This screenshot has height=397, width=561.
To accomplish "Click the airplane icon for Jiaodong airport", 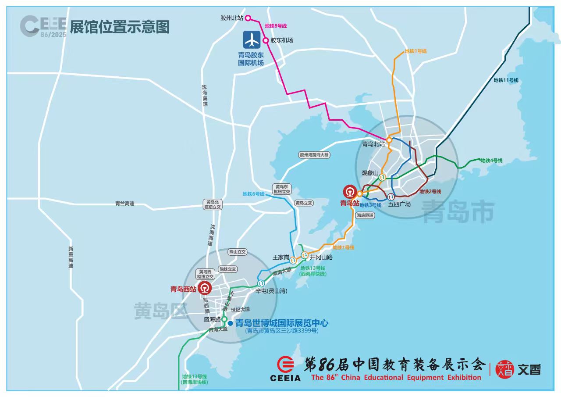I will [252, 41].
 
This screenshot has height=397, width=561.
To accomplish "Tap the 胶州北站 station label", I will [231, 18].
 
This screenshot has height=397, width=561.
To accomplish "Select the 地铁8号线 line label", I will [276, 26].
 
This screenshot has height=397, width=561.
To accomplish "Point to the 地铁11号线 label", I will [506, 80].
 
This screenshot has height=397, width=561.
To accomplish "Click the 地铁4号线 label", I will [491, 161].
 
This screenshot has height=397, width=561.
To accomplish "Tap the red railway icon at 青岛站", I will [350, 192].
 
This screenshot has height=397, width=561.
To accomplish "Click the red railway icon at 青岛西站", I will [205, 289].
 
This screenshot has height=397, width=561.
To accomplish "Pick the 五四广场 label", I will [400, 204].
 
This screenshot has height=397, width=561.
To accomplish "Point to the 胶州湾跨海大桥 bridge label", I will [314, 155].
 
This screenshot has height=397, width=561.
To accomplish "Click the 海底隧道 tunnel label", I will [365, 215].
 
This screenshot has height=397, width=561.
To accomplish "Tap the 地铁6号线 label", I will [253, 194].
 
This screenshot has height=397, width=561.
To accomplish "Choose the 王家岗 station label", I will [281, 257].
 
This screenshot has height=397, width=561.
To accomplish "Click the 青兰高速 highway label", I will [124, 204].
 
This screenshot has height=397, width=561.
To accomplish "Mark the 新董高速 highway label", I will [71, 257].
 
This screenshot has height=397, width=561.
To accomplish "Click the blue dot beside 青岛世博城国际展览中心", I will [231, 323].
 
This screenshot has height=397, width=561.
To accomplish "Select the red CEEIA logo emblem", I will [285, 365].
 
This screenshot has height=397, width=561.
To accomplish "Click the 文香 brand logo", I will [518, 369].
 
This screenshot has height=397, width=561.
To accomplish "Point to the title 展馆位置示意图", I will [120, 27].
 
